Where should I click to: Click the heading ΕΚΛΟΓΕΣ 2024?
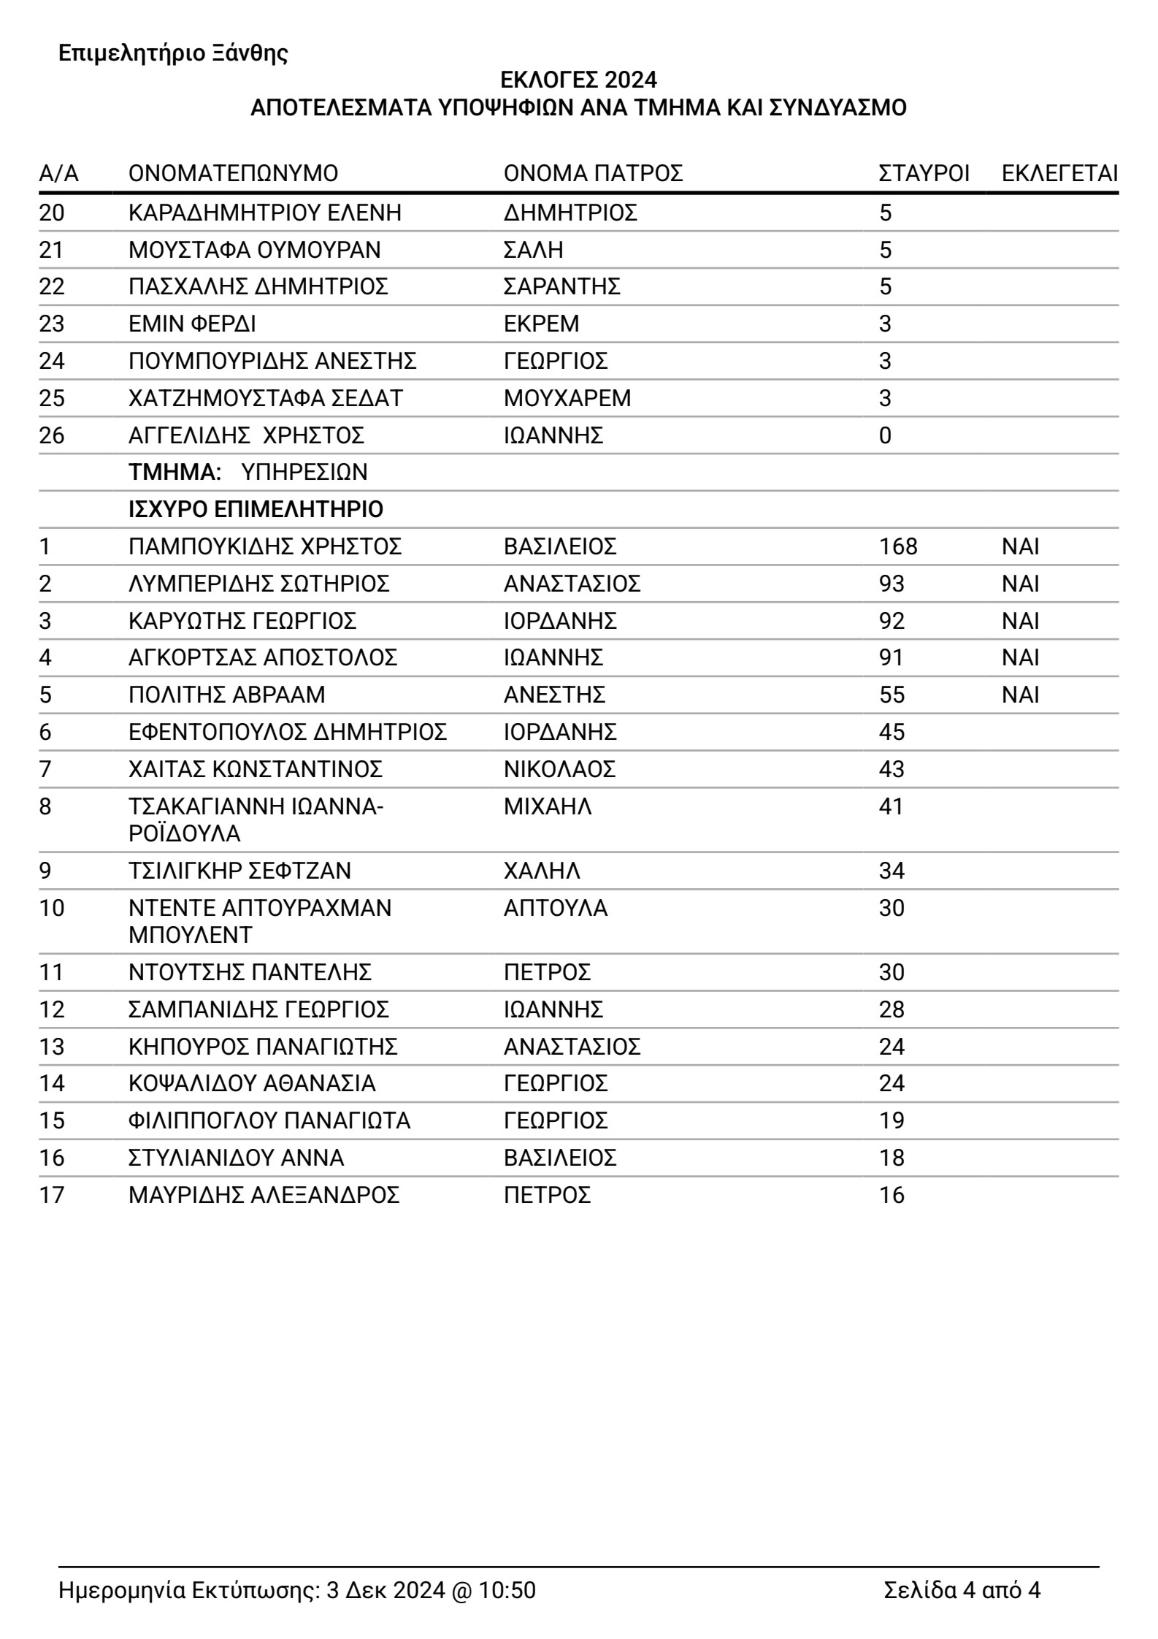point(578,79)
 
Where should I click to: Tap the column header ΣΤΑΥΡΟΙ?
point(924,174)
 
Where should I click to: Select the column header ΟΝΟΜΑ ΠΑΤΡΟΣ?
point(593,174)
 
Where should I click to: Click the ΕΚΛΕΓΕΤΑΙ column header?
point(1059,174)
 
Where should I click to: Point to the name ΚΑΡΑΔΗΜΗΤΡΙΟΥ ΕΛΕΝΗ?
point(265,213)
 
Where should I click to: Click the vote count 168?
point(898,546)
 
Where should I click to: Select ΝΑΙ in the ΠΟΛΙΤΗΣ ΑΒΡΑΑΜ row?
point(1020,695)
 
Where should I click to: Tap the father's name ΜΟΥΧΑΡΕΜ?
point(567,398)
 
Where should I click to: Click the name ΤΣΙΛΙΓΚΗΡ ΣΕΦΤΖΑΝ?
point(239,871)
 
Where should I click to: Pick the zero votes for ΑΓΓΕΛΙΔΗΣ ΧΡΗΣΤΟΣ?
point(885,435)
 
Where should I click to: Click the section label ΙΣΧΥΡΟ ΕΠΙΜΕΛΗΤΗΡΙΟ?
point(256,509)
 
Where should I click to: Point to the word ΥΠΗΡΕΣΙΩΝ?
point(304,473)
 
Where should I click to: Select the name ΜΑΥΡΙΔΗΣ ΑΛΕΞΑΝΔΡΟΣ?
point(264,1195)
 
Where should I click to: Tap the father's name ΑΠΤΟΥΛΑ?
point(555,908)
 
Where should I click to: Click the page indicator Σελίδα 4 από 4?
point(962,1590)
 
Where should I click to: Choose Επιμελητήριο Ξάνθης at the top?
point(173,53)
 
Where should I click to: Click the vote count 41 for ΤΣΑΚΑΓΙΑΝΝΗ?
point(891,806)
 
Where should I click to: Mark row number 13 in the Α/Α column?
point(52,1047)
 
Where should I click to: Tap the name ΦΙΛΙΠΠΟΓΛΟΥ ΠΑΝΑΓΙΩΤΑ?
point(269,1120)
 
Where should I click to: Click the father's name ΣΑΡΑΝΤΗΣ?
point(561,286)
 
